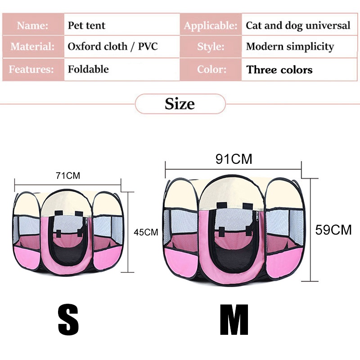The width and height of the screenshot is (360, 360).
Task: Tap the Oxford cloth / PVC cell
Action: click(121, 47)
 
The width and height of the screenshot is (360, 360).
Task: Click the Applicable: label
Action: click(211, 26)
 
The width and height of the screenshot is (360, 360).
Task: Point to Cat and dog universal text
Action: click(298, 26)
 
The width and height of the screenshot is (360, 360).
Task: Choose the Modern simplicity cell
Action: click(299, 47)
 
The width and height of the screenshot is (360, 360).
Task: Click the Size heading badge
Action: click(180, 104)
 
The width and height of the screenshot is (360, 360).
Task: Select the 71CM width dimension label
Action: click(68, 175)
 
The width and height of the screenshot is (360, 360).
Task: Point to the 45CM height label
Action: click(146, 232)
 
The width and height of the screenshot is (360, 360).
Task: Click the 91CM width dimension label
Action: click(234, 159)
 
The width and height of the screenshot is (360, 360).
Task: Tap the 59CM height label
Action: click(333, 229)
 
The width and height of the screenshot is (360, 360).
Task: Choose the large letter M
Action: click(234, 320)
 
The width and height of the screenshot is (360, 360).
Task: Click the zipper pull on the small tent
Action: click(86, 221)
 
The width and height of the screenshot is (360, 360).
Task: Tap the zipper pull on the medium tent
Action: click(257, 216)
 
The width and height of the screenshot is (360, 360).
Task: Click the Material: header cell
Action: click(33, 47)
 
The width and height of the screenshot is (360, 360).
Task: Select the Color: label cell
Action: click(211, 69)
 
